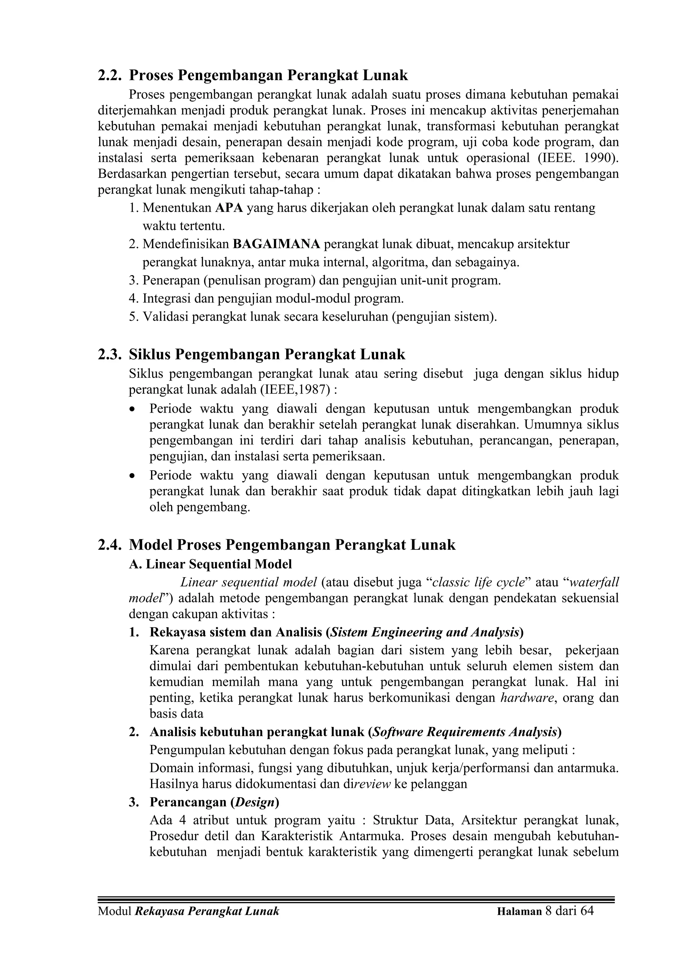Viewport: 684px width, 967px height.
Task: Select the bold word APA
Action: [x=229, y=208]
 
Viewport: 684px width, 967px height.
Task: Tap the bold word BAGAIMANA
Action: [x=277, y=244]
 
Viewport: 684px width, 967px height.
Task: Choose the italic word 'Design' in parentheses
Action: [x=254, y=802]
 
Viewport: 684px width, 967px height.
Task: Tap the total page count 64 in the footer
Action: [x=587, y=923]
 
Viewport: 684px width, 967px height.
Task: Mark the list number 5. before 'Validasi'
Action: [x=134, y=317]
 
